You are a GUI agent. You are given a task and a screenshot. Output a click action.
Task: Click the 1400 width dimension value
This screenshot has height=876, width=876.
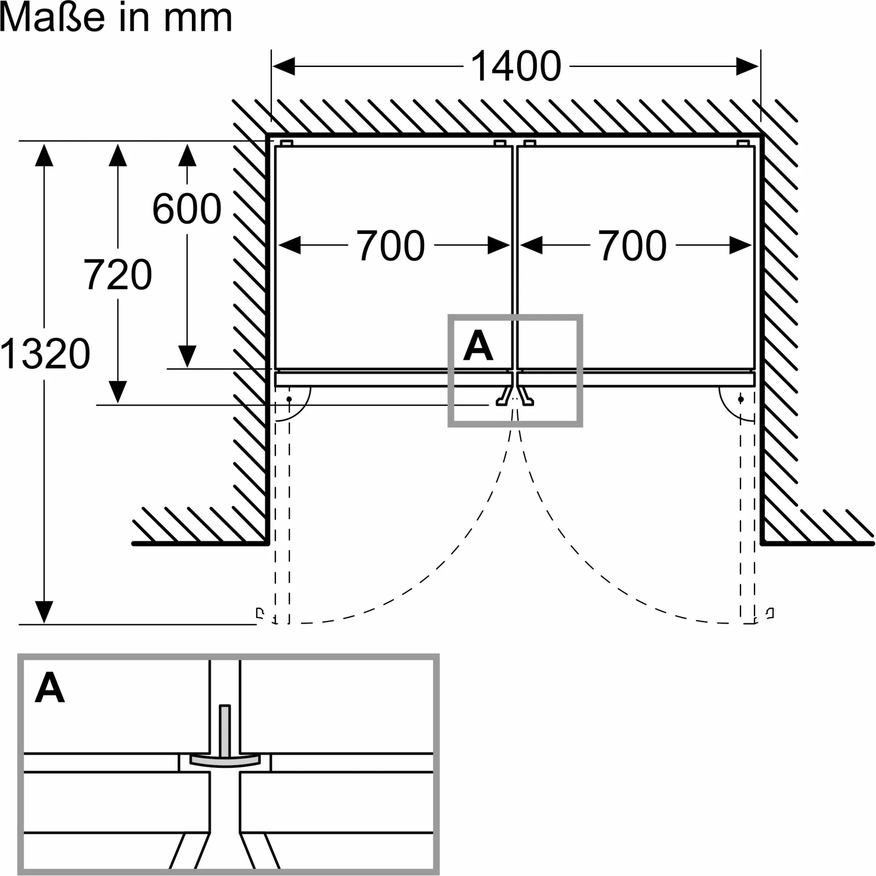pos(516,67)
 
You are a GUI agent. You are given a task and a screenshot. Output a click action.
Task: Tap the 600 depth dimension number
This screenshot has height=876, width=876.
pos(187,209)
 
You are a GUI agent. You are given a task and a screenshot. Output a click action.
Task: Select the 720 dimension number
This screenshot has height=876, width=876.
pos(118,274)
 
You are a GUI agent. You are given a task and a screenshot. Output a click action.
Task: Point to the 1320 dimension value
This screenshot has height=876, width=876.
pos(45,353)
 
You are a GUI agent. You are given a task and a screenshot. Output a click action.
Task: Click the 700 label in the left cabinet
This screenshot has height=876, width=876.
pos(390,245)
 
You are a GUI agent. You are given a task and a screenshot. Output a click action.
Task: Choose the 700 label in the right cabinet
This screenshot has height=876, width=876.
pos(632,245)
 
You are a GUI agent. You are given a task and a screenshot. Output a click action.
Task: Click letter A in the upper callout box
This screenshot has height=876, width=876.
pos(478,346)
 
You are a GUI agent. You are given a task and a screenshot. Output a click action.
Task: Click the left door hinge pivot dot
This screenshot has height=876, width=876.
pos(289,399)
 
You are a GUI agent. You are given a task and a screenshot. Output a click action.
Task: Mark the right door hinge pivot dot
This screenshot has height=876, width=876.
pos(741,399)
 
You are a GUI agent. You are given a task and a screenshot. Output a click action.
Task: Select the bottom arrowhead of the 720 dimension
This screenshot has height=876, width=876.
pos(118,392)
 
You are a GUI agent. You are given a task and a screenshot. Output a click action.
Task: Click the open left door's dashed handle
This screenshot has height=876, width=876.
pos(260,614)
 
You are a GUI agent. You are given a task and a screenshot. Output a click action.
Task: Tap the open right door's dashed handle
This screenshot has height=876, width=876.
pos(770,614)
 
